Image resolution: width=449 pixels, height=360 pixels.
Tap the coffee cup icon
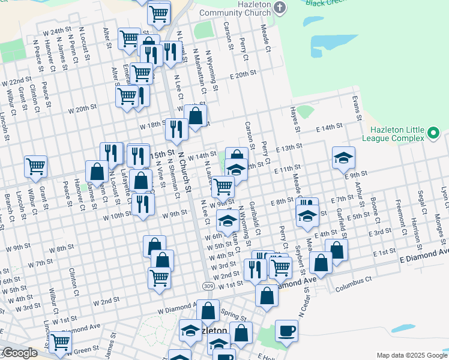click(286, 329)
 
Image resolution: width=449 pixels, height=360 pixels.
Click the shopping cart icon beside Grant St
click(35, 166)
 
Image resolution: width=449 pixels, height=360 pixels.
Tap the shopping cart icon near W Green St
click(60, 342)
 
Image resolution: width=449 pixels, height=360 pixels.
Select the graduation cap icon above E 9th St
click(343, 158)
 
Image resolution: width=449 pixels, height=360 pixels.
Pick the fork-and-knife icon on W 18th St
click(176, 128)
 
